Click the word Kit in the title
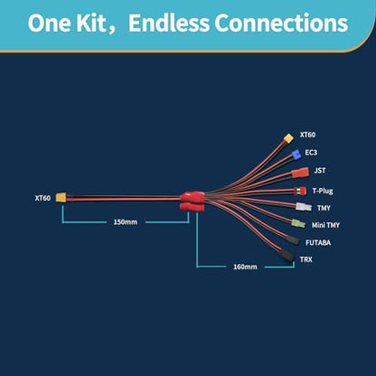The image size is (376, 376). (90, 23)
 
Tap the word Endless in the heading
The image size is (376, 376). (169, 23)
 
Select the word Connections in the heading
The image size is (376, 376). (281, 23)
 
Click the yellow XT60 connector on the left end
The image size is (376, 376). (61, 198)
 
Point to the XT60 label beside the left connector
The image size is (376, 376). (42, 198)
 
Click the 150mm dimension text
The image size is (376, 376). (126, 222)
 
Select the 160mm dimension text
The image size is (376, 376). (245, 267)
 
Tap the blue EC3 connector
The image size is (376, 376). (296, 155)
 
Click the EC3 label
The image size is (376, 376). (311, 153)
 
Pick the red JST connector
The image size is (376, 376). (300, 173)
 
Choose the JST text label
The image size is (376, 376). (320, 171)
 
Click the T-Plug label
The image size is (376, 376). (323, 191)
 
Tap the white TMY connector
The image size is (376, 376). (304, 207)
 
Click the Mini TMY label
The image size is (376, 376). (325, 225)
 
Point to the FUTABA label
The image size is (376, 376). (318, 243)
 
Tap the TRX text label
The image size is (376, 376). (306, 259)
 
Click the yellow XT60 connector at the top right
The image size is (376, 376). (288, 138)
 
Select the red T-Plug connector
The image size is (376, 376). (301, 191)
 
